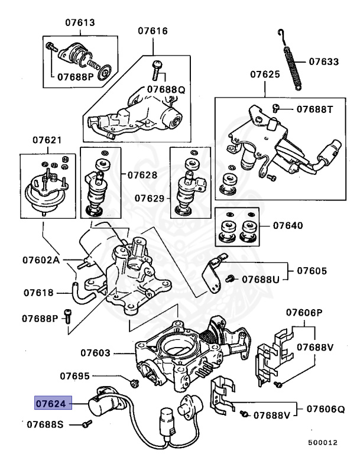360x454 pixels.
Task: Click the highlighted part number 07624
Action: [x=51, y=404]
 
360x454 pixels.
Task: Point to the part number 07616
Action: [x=153, y=31]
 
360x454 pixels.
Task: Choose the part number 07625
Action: [x=264, y=75]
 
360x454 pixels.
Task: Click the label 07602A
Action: [x=43, y=260]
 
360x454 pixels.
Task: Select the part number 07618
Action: [x=40, y=292]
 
